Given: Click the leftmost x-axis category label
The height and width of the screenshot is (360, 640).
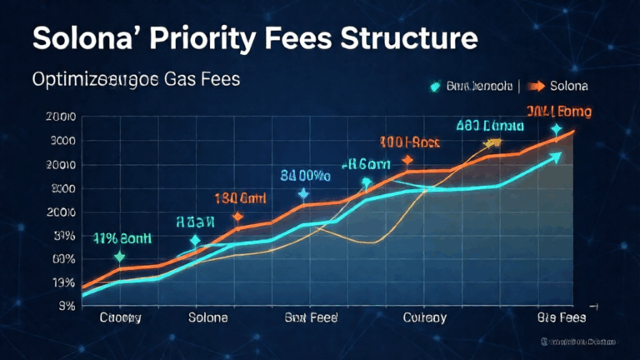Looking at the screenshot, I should click(x=120, y=317).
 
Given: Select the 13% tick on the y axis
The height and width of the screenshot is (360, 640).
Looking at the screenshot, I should click(x=63, y=282).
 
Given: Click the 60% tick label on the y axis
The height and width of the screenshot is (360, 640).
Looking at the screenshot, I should click(x=63, y=259).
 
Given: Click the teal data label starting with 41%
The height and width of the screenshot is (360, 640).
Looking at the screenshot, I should click(x=122, y=237).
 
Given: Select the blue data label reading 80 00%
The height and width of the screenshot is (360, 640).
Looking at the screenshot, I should click(x=304, y=176).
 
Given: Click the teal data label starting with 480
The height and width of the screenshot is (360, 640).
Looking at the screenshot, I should click(x=489, y=126).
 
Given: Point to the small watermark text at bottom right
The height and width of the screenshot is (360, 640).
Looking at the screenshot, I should click(x=577, y=342).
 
